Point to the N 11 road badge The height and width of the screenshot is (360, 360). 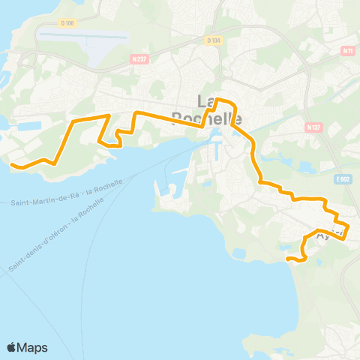click(x=346, y=51)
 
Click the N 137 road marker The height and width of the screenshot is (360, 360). click(x=314, y=127)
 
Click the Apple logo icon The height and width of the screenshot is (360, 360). click(x=12, y=347)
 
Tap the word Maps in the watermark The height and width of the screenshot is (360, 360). click(x=33, y=347)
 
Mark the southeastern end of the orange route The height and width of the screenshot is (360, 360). click(x=288, y=259)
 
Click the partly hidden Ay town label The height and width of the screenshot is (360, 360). click(x=323, y=235)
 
